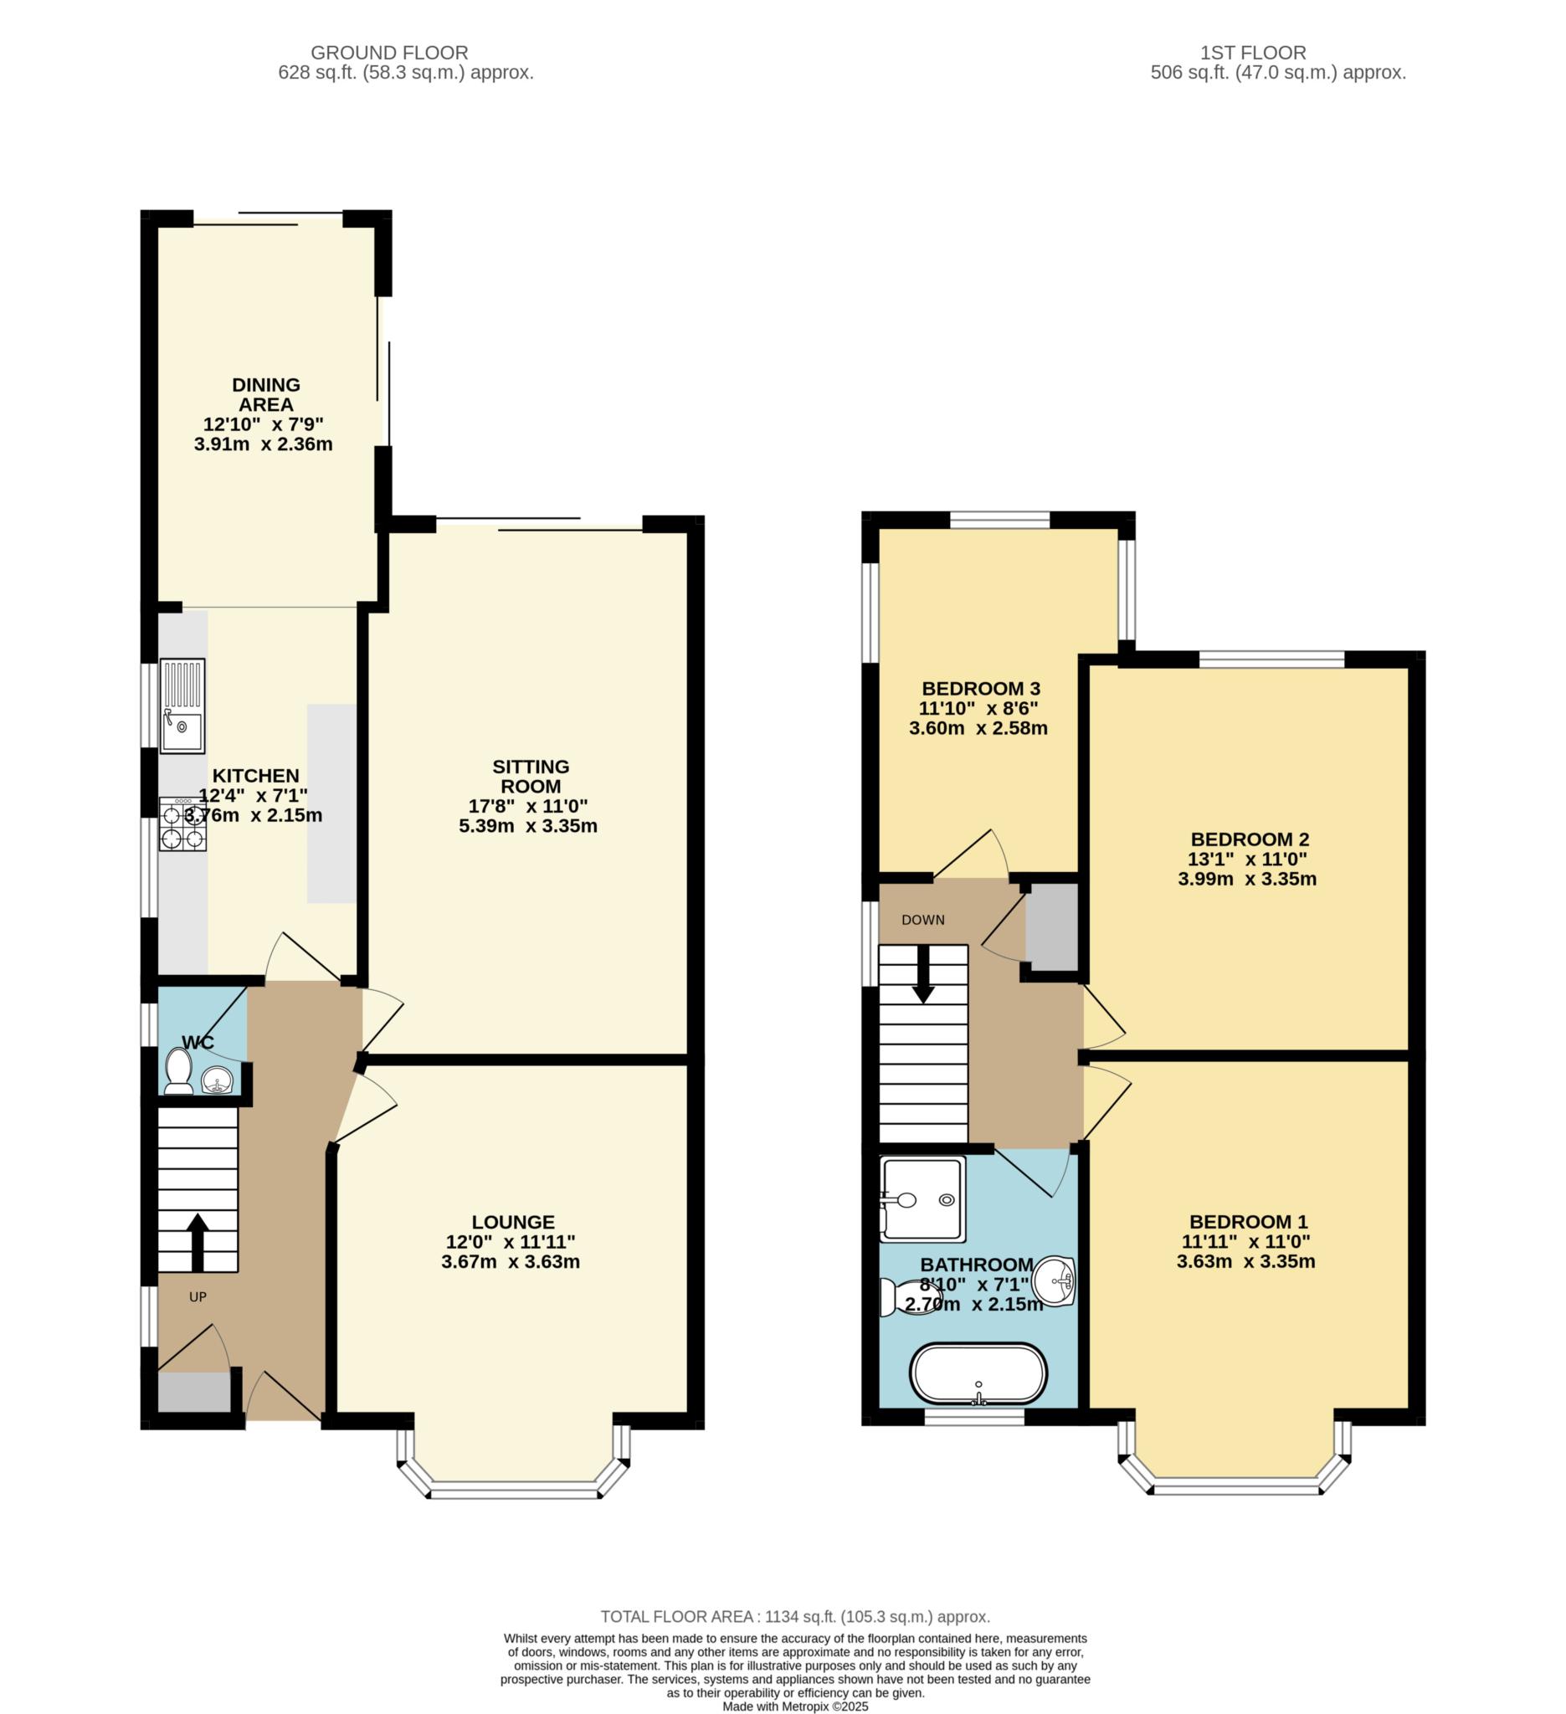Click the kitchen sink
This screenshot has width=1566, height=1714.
point(182,706)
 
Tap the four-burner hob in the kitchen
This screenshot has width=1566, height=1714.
point(182,824)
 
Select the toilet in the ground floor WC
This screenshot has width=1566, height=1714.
point(178,1071)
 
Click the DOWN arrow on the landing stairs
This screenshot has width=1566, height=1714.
point(923,973)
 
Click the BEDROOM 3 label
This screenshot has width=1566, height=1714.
point(981,689)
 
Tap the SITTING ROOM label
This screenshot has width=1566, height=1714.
point(531,776)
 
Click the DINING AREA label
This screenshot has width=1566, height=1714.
point(266,394)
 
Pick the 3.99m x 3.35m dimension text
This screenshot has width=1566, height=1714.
point(1247,879)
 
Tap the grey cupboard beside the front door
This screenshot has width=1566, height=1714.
point(195,1392)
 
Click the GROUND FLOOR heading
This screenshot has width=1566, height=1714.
point(389,53)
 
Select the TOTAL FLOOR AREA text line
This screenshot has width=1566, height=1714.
point(795,1616)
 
